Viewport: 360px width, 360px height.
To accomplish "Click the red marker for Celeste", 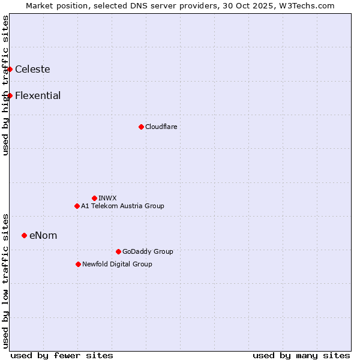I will [x=10, y=70].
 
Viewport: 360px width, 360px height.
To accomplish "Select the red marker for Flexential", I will [x=10, y=96].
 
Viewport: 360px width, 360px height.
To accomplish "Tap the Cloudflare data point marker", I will [x=141, y=127].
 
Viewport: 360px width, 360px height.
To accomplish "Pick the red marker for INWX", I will [x=94, y=198].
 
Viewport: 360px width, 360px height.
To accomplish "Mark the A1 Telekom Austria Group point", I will [x=77, y=206].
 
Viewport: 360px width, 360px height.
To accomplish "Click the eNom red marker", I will [x=24, y=235].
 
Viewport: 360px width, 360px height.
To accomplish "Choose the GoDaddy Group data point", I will [x=118, y=251].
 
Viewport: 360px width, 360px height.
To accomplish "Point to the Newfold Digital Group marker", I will [x=78, y=264].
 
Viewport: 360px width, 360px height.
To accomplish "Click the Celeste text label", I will [x=32, y=70].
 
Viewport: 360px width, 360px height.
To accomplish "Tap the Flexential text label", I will [x=38, y=96].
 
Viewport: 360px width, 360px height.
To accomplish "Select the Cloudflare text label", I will [x=161, y=127].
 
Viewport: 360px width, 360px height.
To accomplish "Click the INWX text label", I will [x=107, y=198].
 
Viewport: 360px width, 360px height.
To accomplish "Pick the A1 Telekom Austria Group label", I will [x=122, y=206].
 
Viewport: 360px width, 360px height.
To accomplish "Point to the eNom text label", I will [x=43, y=235].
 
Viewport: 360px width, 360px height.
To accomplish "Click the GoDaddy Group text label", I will [x=148, y=251].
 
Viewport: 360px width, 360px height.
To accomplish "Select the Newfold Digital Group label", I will [x=117, y=264].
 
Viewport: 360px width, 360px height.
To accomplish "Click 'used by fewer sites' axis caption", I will [x=62, y=355].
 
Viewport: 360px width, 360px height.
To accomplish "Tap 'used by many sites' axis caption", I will [x=301, y=355].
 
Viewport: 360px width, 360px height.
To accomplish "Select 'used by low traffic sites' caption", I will [x=5, y=280].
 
